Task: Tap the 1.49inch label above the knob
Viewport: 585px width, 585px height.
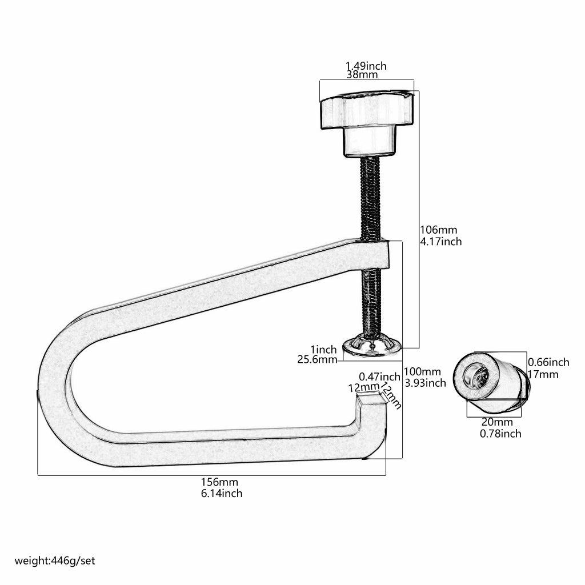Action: coord(366,66)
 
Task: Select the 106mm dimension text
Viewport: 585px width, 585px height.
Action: coord(439,230)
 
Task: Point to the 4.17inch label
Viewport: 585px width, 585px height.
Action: coord(441,242)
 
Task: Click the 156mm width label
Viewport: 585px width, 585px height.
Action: coord(219,483)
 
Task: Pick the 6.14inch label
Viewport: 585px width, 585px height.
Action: coord(222,494)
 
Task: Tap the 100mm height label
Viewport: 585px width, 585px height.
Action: coord(423,372)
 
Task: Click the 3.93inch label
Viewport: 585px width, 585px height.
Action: coord(425,383)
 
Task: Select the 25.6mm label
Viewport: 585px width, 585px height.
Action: coord(317,360)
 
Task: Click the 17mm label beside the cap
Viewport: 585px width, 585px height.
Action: coord(543,375)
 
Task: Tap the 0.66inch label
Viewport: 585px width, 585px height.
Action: coord(548,362)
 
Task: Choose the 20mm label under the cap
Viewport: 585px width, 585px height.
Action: coord(497,422)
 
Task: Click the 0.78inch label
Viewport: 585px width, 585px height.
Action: coord(500,434)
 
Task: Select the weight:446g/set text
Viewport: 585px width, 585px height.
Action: coord(55,561)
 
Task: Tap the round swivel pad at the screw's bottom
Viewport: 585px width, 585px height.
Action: coord(371,346)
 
